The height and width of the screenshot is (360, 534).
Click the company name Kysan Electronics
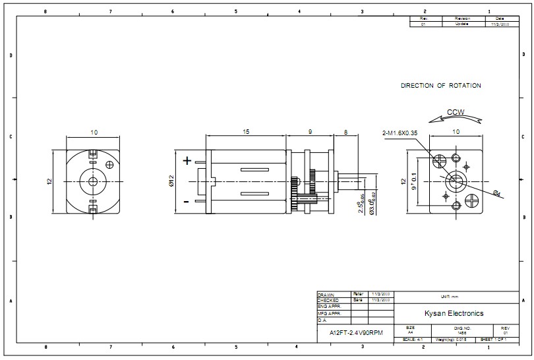click(454, 313)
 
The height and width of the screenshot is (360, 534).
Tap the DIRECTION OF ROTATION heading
click(441, 86)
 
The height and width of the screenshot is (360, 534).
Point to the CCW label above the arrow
click(456, 112)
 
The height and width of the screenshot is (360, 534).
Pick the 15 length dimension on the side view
click(246, 133)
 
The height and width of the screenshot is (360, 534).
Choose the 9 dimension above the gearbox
click(309, 133)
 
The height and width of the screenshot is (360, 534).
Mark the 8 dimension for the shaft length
click(345, 133)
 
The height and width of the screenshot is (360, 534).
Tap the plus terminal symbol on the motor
click(187, 160)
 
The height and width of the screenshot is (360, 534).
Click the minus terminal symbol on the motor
click(187, 201)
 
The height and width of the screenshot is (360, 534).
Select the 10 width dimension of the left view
click(94, 133)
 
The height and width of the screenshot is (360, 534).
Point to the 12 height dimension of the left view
click(49, 181)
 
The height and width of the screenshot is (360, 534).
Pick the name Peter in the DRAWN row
click(359, 293)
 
